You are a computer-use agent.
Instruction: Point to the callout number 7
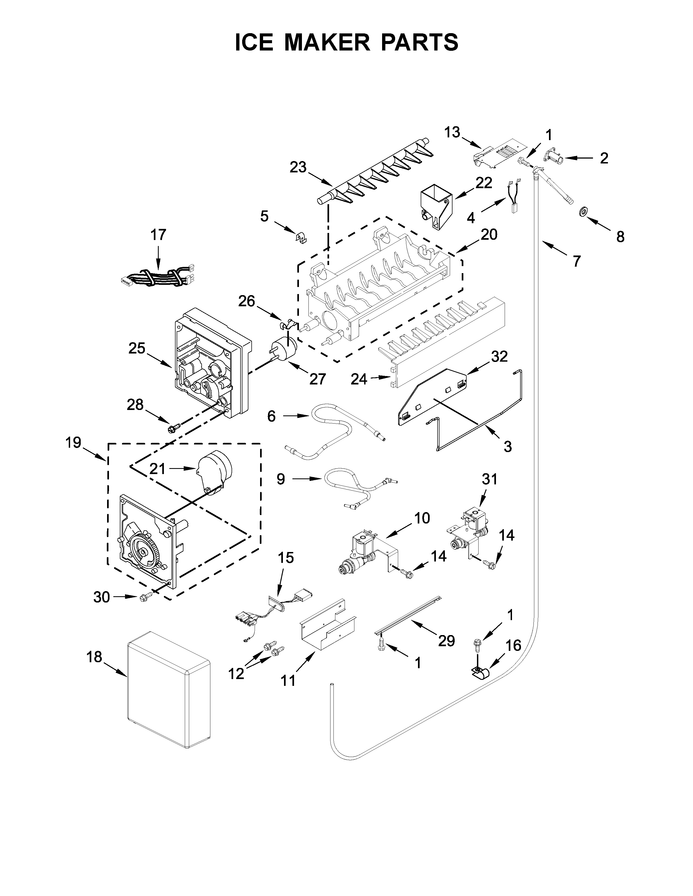pos(576,261)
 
